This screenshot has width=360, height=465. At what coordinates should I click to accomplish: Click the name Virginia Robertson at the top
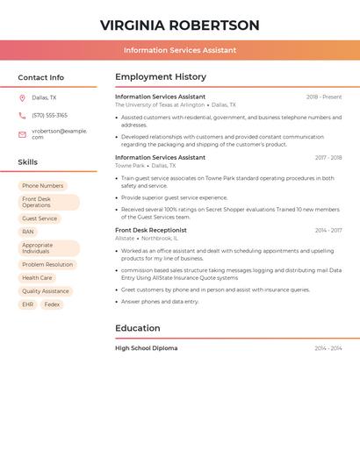179,25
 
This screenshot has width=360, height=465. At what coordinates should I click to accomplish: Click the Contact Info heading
40,77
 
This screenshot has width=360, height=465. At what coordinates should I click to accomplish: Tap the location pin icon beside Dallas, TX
22,97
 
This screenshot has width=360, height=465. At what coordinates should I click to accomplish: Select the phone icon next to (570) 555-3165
22,115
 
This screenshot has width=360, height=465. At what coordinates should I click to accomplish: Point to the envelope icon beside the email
22,134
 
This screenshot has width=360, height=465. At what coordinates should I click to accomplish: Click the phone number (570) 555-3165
49,115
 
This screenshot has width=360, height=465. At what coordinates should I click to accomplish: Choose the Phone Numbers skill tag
43,186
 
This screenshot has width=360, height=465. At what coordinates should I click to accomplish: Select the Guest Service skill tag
40,218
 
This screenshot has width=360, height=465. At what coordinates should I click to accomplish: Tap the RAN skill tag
28,232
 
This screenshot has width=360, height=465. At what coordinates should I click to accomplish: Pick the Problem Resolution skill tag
47,264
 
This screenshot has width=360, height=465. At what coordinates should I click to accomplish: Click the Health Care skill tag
37,277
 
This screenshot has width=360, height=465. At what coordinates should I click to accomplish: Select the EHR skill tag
27,304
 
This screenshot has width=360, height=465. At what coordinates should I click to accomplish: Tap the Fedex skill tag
53,304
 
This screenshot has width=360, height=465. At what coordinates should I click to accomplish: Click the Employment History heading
161,77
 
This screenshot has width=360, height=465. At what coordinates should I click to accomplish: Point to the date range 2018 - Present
324,97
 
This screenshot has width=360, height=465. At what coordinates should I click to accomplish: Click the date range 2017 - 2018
328,158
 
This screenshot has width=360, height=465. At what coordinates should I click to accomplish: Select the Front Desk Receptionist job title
151,230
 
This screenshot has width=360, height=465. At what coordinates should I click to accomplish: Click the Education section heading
138,328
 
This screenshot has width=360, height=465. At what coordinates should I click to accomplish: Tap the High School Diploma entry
146,348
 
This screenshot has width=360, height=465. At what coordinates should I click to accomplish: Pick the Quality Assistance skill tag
46,291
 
